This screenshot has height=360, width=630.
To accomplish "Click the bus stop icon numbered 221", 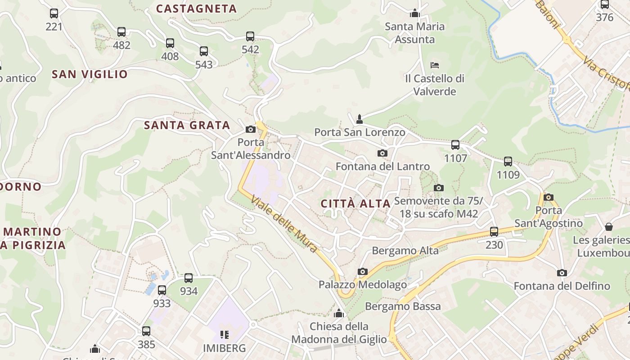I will point(54,13).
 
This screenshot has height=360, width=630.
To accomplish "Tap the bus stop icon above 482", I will point(121,32).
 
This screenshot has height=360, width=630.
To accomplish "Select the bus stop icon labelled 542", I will point(250,36).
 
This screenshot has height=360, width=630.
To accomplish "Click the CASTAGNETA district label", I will point(196,9).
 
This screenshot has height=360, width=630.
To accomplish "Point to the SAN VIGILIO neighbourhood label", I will point(90,74).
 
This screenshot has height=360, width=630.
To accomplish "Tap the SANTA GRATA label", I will point(187,125).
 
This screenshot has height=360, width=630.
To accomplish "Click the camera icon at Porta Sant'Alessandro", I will point(251,130).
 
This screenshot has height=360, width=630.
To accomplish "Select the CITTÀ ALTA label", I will point(355,203).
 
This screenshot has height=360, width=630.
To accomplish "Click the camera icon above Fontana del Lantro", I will point(382,153).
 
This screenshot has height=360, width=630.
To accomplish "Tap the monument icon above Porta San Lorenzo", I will point(359,119).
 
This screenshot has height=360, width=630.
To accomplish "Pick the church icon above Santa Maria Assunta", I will point(415,13).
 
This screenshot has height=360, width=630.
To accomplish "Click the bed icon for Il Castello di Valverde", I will point(434,65).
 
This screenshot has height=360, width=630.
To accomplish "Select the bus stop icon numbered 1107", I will point(455,145).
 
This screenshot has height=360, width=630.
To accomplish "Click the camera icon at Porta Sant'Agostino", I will point(548,197).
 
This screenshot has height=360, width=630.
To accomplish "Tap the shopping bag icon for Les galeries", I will point(609,227).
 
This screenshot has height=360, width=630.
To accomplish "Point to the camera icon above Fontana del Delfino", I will point(562,273).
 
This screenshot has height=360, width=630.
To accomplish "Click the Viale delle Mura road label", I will point(284,224).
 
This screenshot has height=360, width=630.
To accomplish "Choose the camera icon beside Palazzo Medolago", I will point(362,271).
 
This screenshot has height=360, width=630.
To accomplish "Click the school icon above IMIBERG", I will point(225,334).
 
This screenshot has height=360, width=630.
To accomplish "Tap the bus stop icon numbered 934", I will point(189,278).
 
